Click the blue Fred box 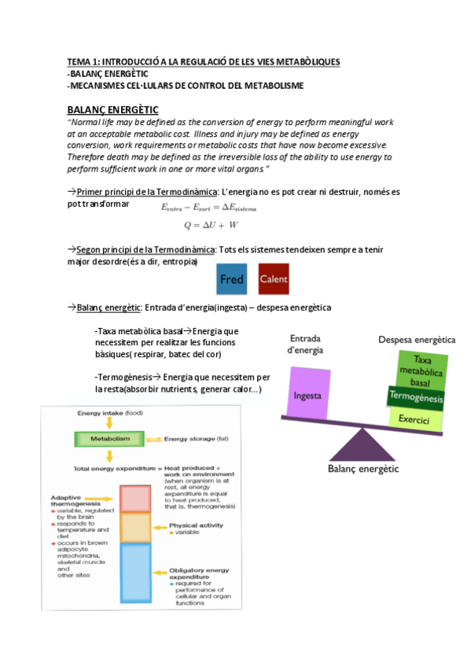click(232, 279)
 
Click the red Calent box click(274, 279)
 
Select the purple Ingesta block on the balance click(307, 397)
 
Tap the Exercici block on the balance click(414, 420)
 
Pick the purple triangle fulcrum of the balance click(362, 446)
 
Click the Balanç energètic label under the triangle click(363, 470)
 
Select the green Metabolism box click(105, 438)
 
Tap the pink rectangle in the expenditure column click(135, 499)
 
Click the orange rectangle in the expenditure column click(135, 528)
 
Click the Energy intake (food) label click(110, 412)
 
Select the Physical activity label click(197, 525)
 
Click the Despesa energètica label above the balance click(417, 340)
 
